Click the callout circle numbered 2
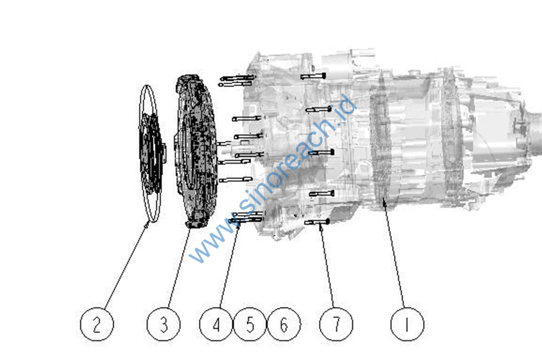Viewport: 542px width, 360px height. coord(97,324)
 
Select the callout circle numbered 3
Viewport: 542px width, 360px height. coord(164,324)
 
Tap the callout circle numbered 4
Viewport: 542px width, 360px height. coord(216,324)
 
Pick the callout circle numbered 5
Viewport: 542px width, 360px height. coord(250,324)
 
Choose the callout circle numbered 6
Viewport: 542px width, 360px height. coord(284,324)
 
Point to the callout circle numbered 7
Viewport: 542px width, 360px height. coord(337,324)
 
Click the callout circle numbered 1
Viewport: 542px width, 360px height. coord(407,324)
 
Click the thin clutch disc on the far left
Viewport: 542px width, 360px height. coord(151,154)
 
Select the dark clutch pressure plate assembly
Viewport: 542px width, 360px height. coord(196,152)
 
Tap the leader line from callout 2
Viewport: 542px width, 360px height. coord(126,266)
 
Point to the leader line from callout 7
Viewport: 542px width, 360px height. coord(327,266)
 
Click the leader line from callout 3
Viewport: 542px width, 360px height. coord(179,268)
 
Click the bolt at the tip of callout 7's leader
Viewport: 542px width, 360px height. coord(317,222)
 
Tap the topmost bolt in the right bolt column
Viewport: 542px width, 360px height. coord(313,76)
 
